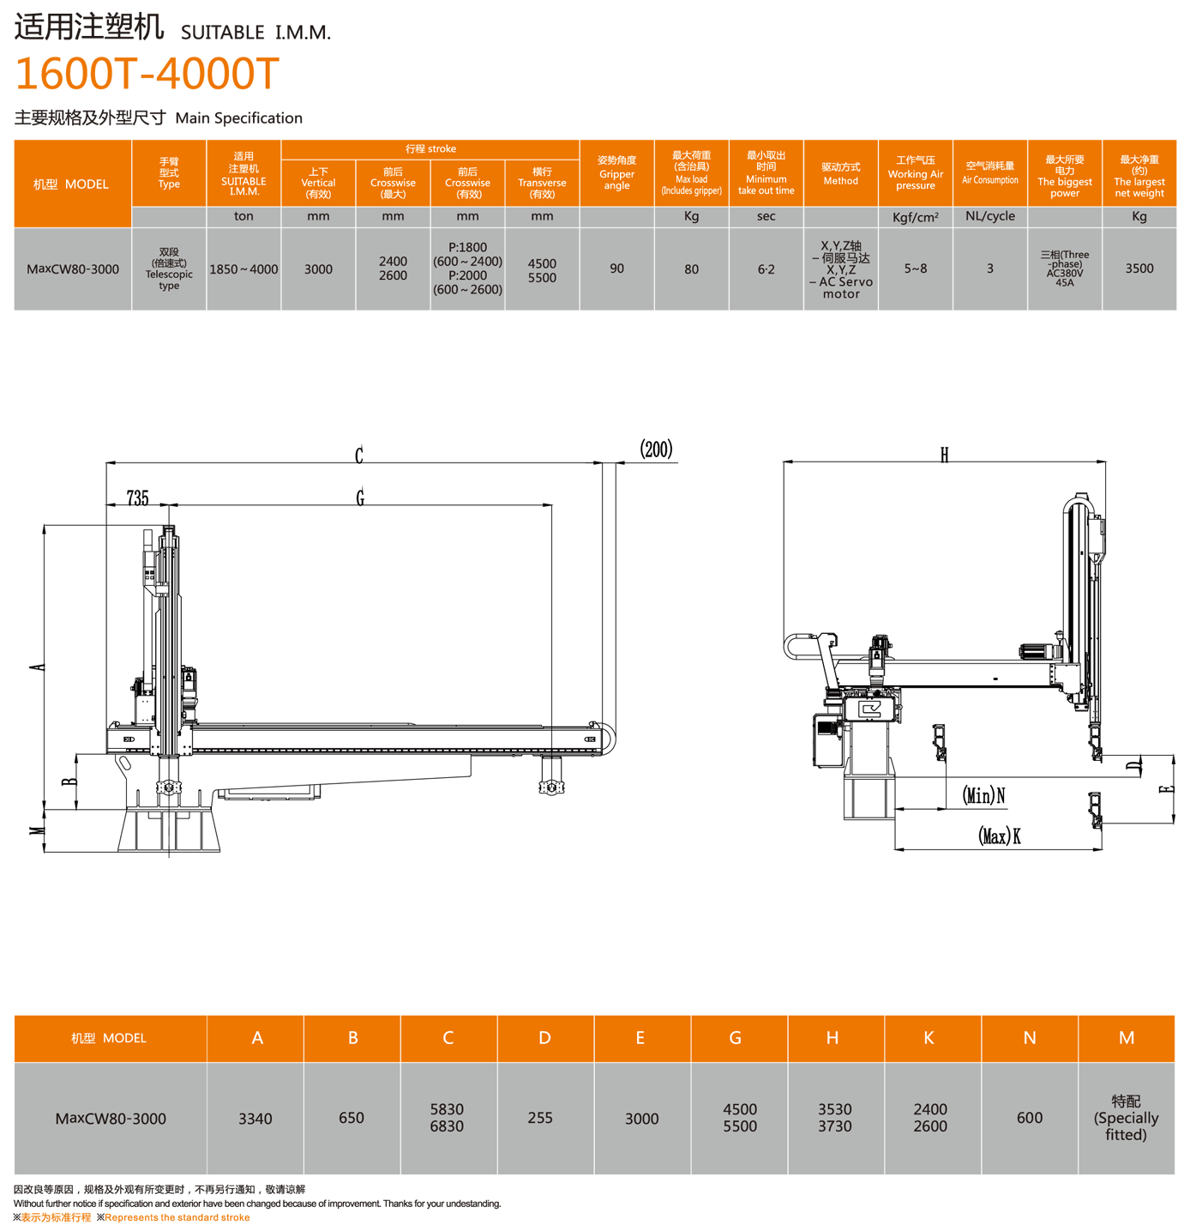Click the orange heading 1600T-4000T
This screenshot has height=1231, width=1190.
click(x=147, y=74)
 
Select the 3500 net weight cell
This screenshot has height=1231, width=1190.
click(x=1139, y=269)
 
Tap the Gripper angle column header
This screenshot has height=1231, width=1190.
click(x=616, y=172)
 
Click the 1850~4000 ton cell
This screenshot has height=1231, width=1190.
click(x=243, y=269)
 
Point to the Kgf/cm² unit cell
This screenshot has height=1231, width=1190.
click(x=915, y=217)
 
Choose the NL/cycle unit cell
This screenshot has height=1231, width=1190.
click(x=989, y=216)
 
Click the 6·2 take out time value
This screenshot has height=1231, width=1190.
click(x=766, y=269)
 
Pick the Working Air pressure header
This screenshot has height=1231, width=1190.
click(x=915, y=172)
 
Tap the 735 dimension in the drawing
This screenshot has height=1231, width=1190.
click(x=137, y=498)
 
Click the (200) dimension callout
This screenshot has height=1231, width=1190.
click(x=656, y=450)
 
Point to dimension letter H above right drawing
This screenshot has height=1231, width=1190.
click(x=944, y=455)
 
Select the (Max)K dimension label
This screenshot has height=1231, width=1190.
click(x=999, y=836)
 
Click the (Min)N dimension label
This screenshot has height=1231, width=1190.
click(x=983, y=796)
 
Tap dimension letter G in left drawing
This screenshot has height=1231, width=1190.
click(x=360, y=498)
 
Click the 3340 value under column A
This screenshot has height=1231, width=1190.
click(x=255, y=1119)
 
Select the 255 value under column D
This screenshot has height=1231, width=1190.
click(x=540, y=1118)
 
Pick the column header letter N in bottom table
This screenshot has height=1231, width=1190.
click(x=1030, y=1038)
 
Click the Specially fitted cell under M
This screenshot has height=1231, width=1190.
click(x=1126, y=1118)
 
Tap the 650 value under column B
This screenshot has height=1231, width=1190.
click(x=352, y=1118)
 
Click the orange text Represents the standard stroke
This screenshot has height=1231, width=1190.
click(x=177, y=1217)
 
